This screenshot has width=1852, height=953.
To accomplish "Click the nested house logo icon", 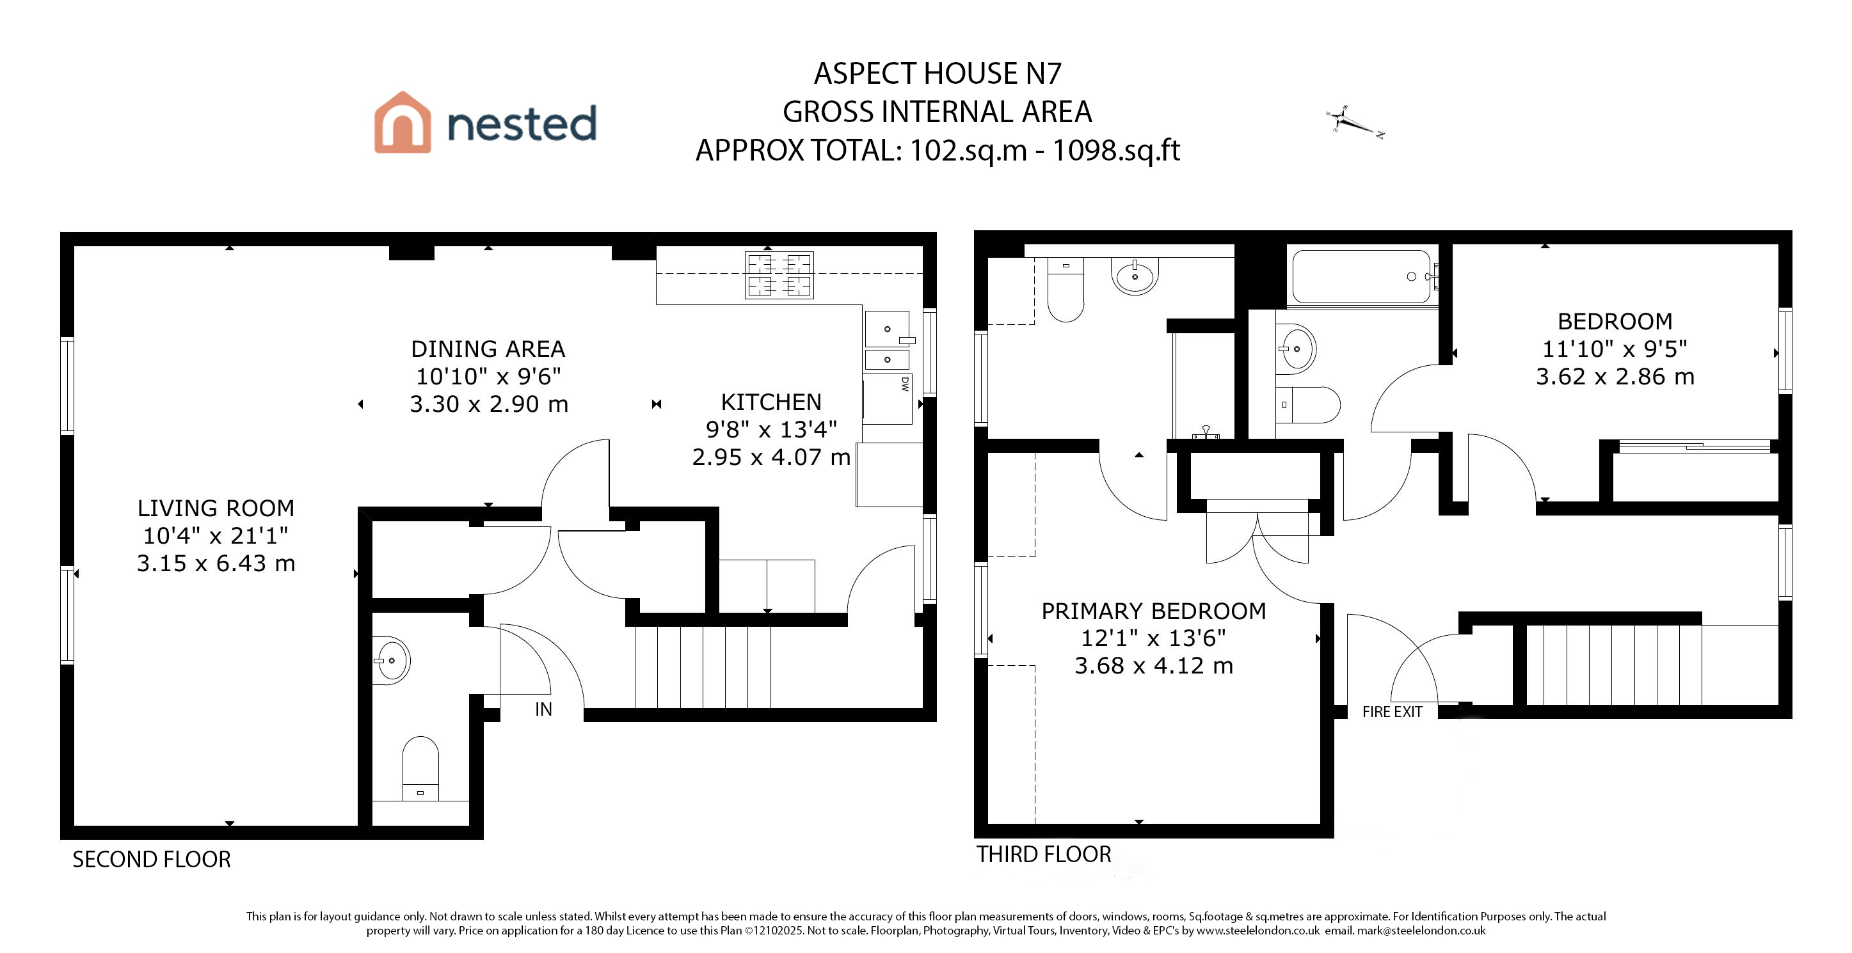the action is click(402, 122).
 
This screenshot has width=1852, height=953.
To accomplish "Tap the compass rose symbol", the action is click(1355, 122).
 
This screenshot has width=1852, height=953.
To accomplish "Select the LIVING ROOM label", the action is click(216, 508).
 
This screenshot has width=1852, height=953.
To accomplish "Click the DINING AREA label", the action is click(488, 349).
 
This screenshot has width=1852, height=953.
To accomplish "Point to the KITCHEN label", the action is click(770, 402).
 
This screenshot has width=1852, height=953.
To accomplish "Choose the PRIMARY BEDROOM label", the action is click(1153, 611).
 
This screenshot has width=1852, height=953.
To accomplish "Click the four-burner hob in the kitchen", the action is click(779, 275).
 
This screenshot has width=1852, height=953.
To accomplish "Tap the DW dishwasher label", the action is click(904, 384).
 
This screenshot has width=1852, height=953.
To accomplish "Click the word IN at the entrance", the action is click(543, 709).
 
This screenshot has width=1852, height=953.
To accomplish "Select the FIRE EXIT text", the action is click(1392, 711).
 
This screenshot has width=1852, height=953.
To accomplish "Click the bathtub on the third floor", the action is click(1362, 277).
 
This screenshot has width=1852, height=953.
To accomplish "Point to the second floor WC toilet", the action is click(420, 768).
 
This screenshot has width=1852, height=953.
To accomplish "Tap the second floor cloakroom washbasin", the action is click(392, 660).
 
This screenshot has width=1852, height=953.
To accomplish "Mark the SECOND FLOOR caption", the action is click(152, 860).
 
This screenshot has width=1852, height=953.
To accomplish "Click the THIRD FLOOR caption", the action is click(1043, 855).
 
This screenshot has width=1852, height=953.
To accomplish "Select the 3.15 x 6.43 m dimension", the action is click(216, 563).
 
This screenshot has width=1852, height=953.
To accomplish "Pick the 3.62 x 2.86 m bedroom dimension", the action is click(1615, 377).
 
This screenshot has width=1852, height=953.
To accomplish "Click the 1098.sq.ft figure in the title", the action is click(1116, 150).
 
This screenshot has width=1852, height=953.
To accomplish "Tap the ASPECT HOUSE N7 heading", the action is click(938, 74).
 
